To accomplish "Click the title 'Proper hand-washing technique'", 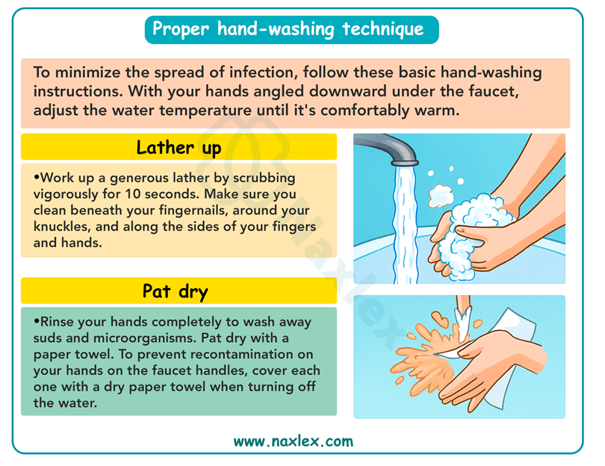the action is coord(288,29).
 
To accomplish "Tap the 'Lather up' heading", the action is coord(179,148).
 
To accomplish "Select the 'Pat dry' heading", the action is coord(176,291).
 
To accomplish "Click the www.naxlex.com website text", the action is coord(294,441).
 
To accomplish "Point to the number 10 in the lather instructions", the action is coord(133,193).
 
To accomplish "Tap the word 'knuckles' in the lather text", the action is coord(62,226).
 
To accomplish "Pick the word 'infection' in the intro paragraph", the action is coord(262,72).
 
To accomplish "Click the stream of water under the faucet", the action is coord(405,224).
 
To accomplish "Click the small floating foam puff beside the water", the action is coord(440,196).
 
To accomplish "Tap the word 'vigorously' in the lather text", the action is coord(65,194).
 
